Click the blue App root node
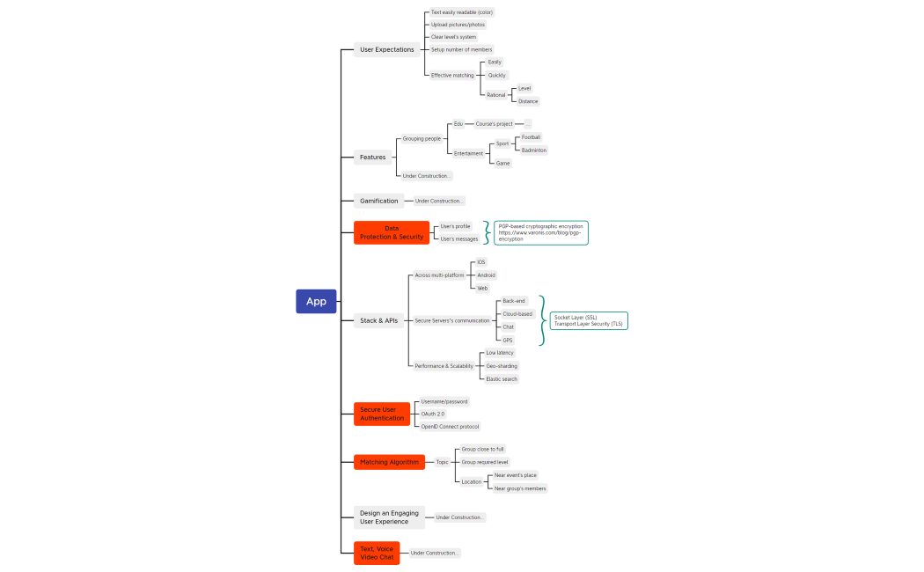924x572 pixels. pos(316,301)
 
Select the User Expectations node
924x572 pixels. pos(386,49)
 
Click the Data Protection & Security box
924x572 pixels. pos(392,232)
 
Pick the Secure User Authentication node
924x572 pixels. pos(382,414)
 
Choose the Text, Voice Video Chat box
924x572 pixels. pos(377,553)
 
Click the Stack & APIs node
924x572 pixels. pos(378,320)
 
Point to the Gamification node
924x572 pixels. pos(378,201)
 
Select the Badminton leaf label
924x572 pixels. pos(533,150)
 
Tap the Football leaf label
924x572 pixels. pos(531,137)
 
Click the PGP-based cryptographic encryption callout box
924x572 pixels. pos(540,232)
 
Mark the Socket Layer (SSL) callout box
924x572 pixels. pos(589,320)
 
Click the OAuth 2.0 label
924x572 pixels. pos(433,414)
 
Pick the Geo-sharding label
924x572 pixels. pos(502,366)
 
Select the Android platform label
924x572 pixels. pos(486,275)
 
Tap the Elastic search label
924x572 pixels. pos(502,379)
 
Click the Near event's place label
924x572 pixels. pos(515,475)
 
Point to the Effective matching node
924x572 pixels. pos(452,76)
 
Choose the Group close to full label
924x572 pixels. pos(482,449)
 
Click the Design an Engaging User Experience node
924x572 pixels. pos(389,517)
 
